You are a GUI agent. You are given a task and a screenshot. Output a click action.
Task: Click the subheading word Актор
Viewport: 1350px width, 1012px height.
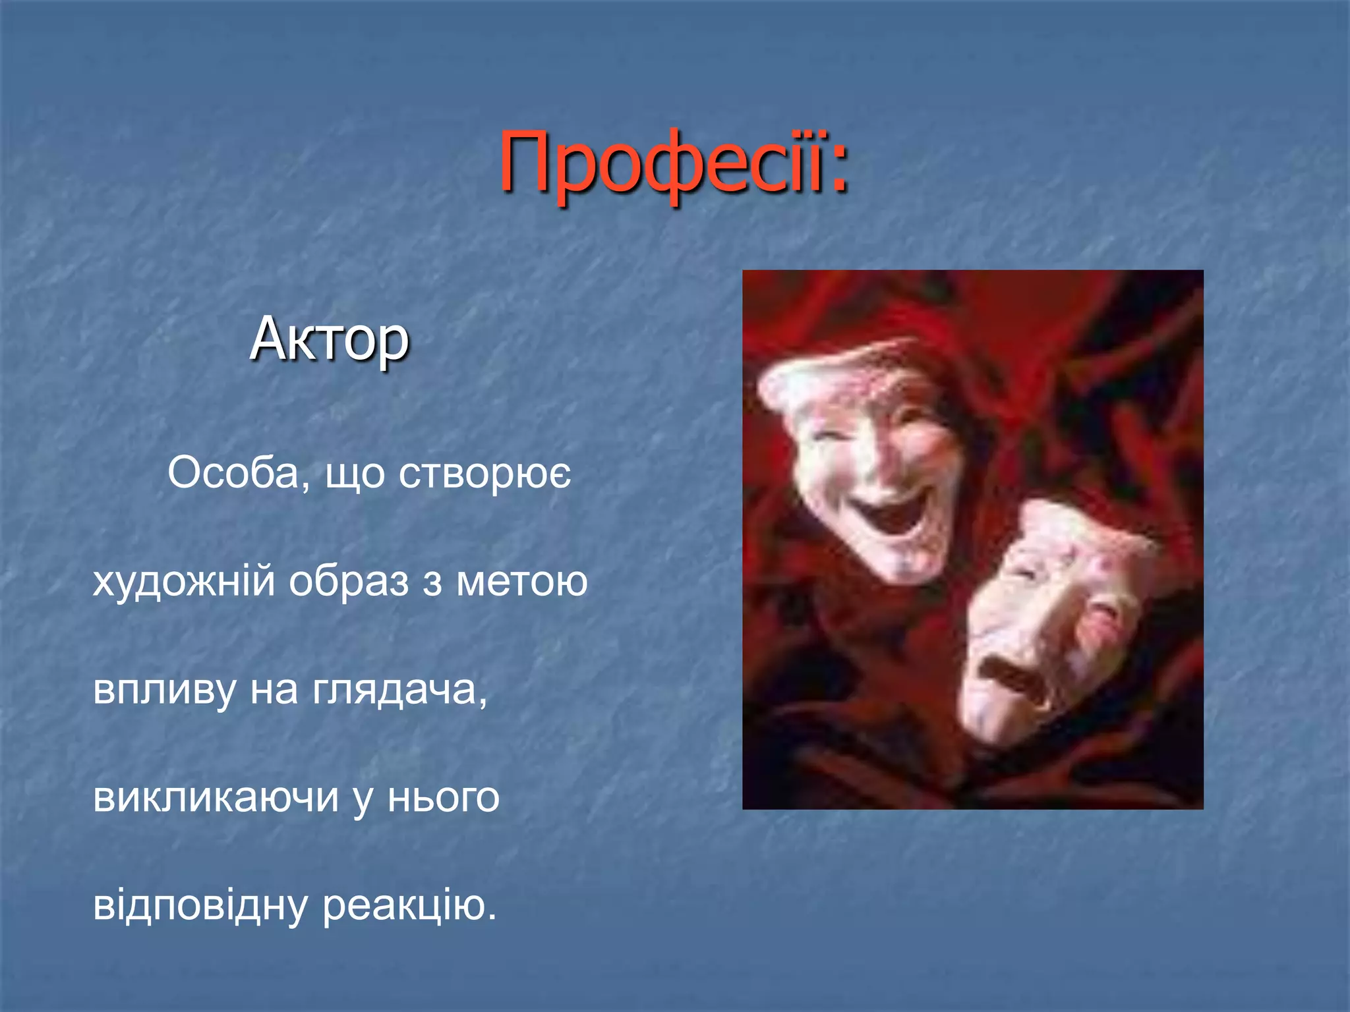pos(330,340)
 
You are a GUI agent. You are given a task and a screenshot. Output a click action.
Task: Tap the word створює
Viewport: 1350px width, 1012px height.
pos(484,474)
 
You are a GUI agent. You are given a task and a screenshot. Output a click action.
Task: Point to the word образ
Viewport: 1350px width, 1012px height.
pos(349,582)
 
